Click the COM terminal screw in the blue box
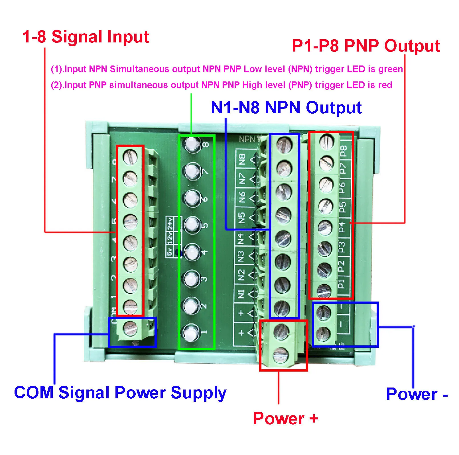(x=130, y=328)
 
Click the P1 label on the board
(x=341, y=284)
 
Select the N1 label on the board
(x=241, y=294)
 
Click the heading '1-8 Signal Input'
(x=86, y=37)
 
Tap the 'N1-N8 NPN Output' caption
(x=286, y=108)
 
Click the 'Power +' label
(x=285, y=418)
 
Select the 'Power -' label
(x=417, y=394)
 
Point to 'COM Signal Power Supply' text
(x=120, y=393)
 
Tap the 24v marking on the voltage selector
(x=170, y=224)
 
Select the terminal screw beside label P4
(x=325, y=227)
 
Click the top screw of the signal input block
(x=130, y=157)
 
